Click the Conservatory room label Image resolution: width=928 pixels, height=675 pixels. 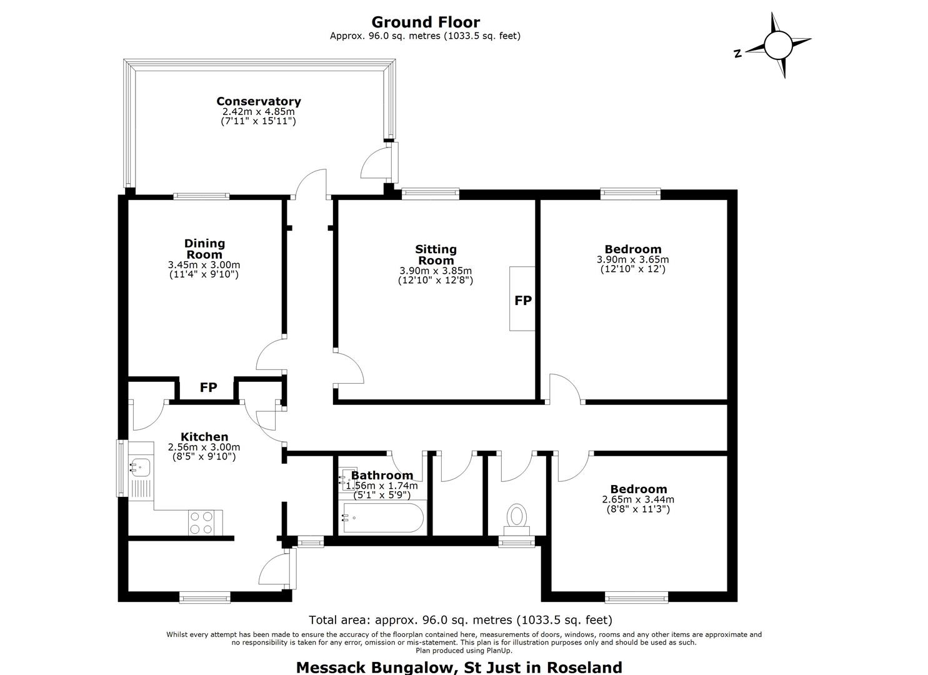point(259,101)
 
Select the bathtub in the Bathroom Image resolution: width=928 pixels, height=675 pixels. point(383,517)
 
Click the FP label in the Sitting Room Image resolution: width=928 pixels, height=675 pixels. point(523,301)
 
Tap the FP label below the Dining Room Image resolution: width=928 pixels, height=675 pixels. point(208,387)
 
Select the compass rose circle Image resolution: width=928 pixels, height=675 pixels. point(779,45)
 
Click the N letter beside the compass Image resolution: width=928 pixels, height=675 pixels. point(737,53)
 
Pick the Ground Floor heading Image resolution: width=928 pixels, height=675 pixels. point(426,22)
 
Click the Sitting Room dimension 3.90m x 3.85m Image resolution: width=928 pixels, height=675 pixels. point(436,271)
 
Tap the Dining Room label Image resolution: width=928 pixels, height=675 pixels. point(204,249)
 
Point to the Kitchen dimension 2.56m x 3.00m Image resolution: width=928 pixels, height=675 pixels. point(204,447)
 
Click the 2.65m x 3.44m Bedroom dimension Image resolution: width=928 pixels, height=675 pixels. point(638,499)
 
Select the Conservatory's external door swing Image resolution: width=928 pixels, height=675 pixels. point(376,164)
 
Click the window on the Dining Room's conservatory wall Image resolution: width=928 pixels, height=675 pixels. point(201,196)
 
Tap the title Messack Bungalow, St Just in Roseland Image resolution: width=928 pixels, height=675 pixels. point(459,667)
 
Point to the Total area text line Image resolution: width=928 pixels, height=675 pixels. point(461,620)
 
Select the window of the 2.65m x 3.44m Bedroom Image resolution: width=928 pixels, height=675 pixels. point(636,597)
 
